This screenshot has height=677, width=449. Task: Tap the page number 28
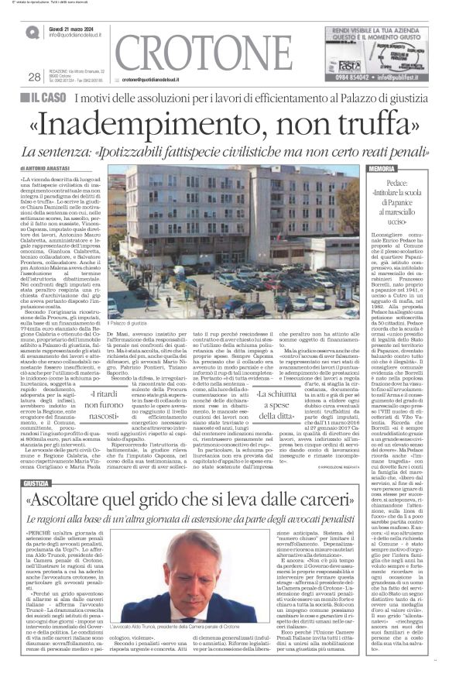coord(34,77)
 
